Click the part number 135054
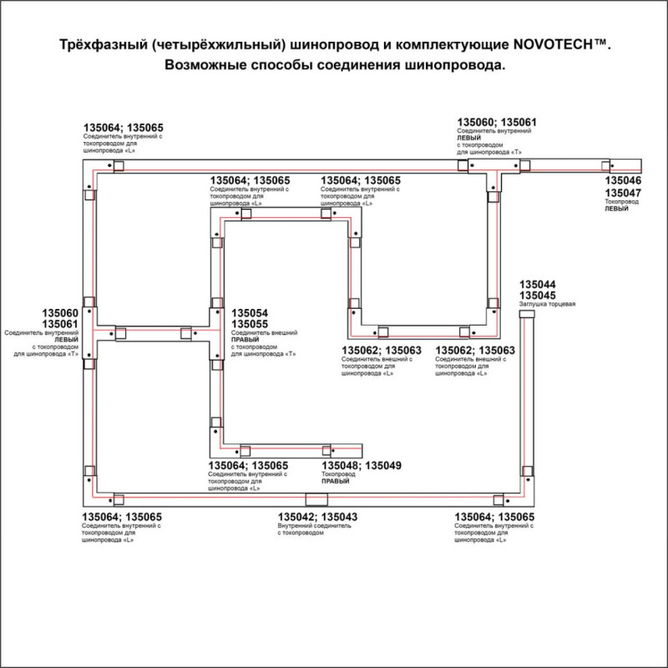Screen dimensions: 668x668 click(x=250, y=312)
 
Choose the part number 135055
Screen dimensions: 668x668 click(x=250, y=324)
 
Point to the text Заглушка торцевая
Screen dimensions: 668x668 click(x=548, y=305)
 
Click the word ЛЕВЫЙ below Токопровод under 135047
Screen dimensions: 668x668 click(x=615, y=210)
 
